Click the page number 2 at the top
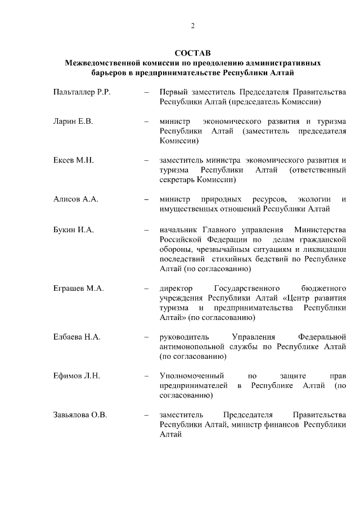click(192, 25)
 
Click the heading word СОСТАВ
click(192, 53)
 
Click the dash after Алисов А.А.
click(146, 199)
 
